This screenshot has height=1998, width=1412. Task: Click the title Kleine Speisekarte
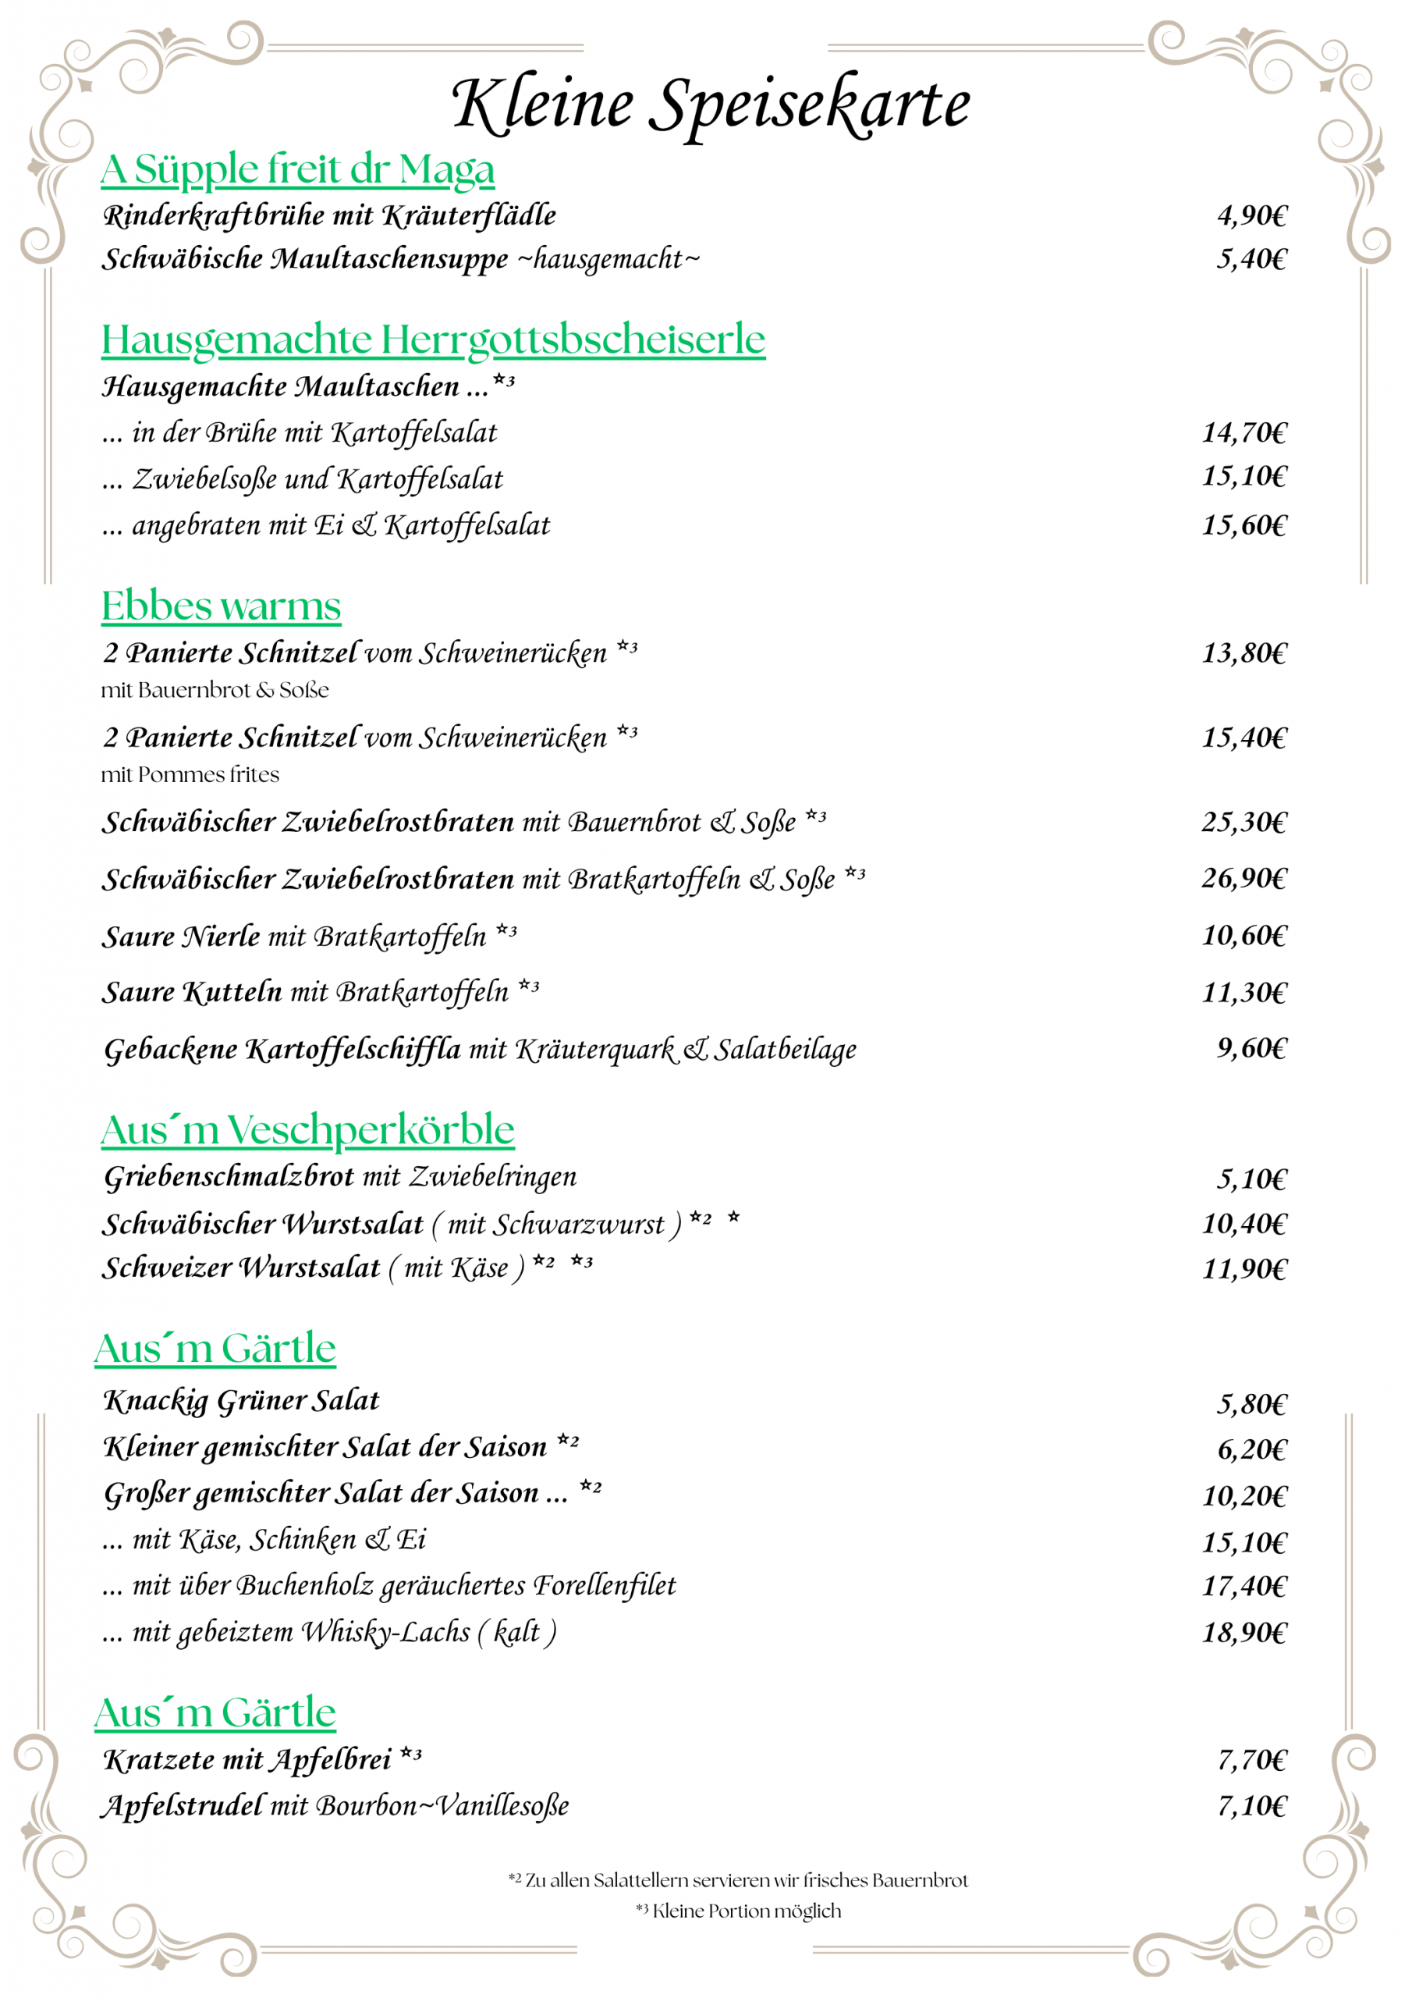pyautogui.click(x=710, y=105)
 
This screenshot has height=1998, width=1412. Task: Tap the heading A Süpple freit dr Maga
pyautogui.click(x=297, y=169)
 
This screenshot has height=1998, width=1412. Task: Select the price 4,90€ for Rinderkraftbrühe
pyautogui.click(x=1251, y=215)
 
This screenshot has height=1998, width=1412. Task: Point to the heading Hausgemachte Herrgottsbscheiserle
pyautogui.click(x=433, y=340)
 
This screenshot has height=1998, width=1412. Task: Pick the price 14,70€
pyautogui.click(x=1244, y=432)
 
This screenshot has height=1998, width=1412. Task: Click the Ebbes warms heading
pyautogui.click(x=221, y=606)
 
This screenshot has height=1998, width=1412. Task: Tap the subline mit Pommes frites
pyautogui.click(x=190, y=774)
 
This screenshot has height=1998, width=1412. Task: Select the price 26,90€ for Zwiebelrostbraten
pyautogui.click(x=1244, y=878)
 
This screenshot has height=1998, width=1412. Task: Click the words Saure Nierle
pyautogui.click(x=181, y=937)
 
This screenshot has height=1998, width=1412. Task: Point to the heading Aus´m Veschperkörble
pyautogui.click(x=307, y=1130)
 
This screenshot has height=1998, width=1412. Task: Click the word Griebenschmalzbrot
pyautogui.click(x=229, y=1176)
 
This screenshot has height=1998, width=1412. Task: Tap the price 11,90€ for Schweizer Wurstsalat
pyautogui.click(x=1244, y=1269)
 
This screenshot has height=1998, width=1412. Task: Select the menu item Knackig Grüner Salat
pyautogui.click(x=242, y=1400)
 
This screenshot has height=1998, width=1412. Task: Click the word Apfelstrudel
pyautogui.click(x=183, y=1806)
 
